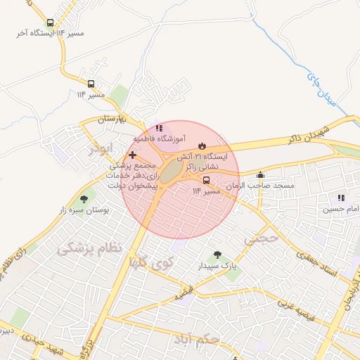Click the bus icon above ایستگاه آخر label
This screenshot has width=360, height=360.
[x=50, y=22]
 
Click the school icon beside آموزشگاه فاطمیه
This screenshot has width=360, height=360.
[x=160, y=128]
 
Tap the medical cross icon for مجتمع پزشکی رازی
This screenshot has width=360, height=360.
[x=132, y=154]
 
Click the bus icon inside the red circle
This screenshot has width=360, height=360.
[x=196, y=179]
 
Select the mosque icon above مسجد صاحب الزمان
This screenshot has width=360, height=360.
[x=261, y=174]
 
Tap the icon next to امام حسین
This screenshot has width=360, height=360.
[x=341, y=198]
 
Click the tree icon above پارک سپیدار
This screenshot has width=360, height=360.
[x=216, y=255]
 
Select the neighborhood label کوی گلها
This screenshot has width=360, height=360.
[x=150, y=262]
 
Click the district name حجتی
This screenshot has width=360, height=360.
[x=262, y=240]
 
